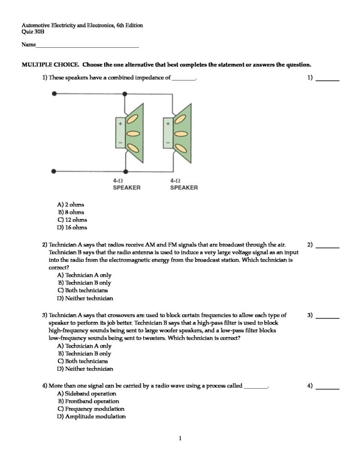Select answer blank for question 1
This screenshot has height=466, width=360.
[x=328, y=80]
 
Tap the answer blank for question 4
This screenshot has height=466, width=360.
[x=328, y=389]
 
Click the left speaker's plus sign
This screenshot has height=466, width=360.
[x=121, y=123]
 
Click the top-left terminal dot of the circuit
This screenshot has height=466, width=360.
[x=55, y=94]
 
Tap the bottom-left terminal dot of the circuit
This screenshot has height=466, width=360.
[x=55, y=172]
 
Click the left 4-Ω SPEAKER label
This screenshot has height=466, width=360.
[x=127, y=184]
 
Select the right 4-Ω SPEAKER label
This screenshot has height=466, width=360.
[x=184, y=184]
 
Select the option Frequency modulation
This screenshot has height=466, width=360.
[x=90, y=409]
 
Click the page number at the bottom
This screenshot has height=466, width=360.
[x=180, y=439]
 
